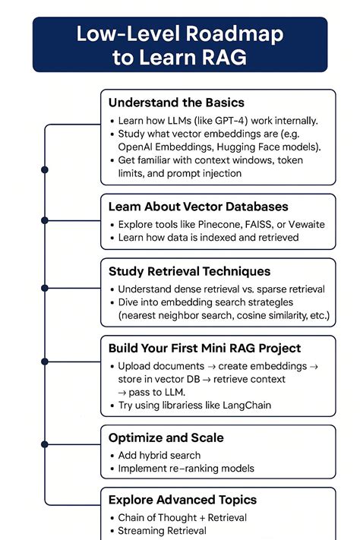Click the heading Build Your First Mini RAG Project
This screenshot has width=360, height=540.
(204, 349)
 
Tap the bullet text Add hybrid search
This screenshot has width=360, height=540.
(159, 455)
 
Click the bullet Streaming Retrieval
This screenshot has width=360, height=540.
(162, 531)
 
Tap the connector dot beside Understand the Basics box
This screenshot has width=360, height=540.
(45, 169)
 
